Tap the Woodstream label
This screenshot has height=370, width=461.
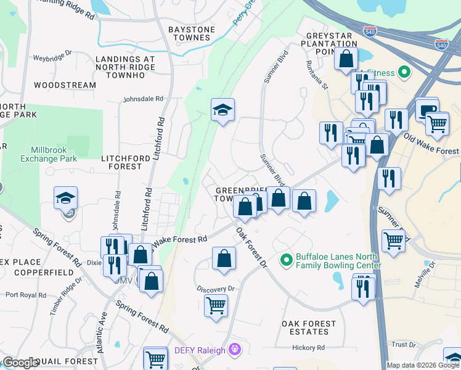coord(65,85)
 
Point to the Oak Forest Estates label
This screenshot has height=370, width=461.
coord(309,327)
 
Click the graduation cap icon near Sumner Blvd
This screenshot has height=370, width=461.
coord(222,110)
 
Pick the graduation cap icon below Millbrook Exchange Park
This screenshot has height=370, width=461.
coord(66,198)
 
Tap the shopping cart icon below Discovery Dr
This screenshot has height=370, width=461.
coord(216,305)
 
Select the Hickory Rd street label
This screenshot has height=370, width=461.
coord(308,348)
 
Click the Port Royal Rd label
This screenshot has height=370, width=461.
coord(25,295)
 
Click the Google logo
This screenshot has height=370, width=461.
coord(20,363)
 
